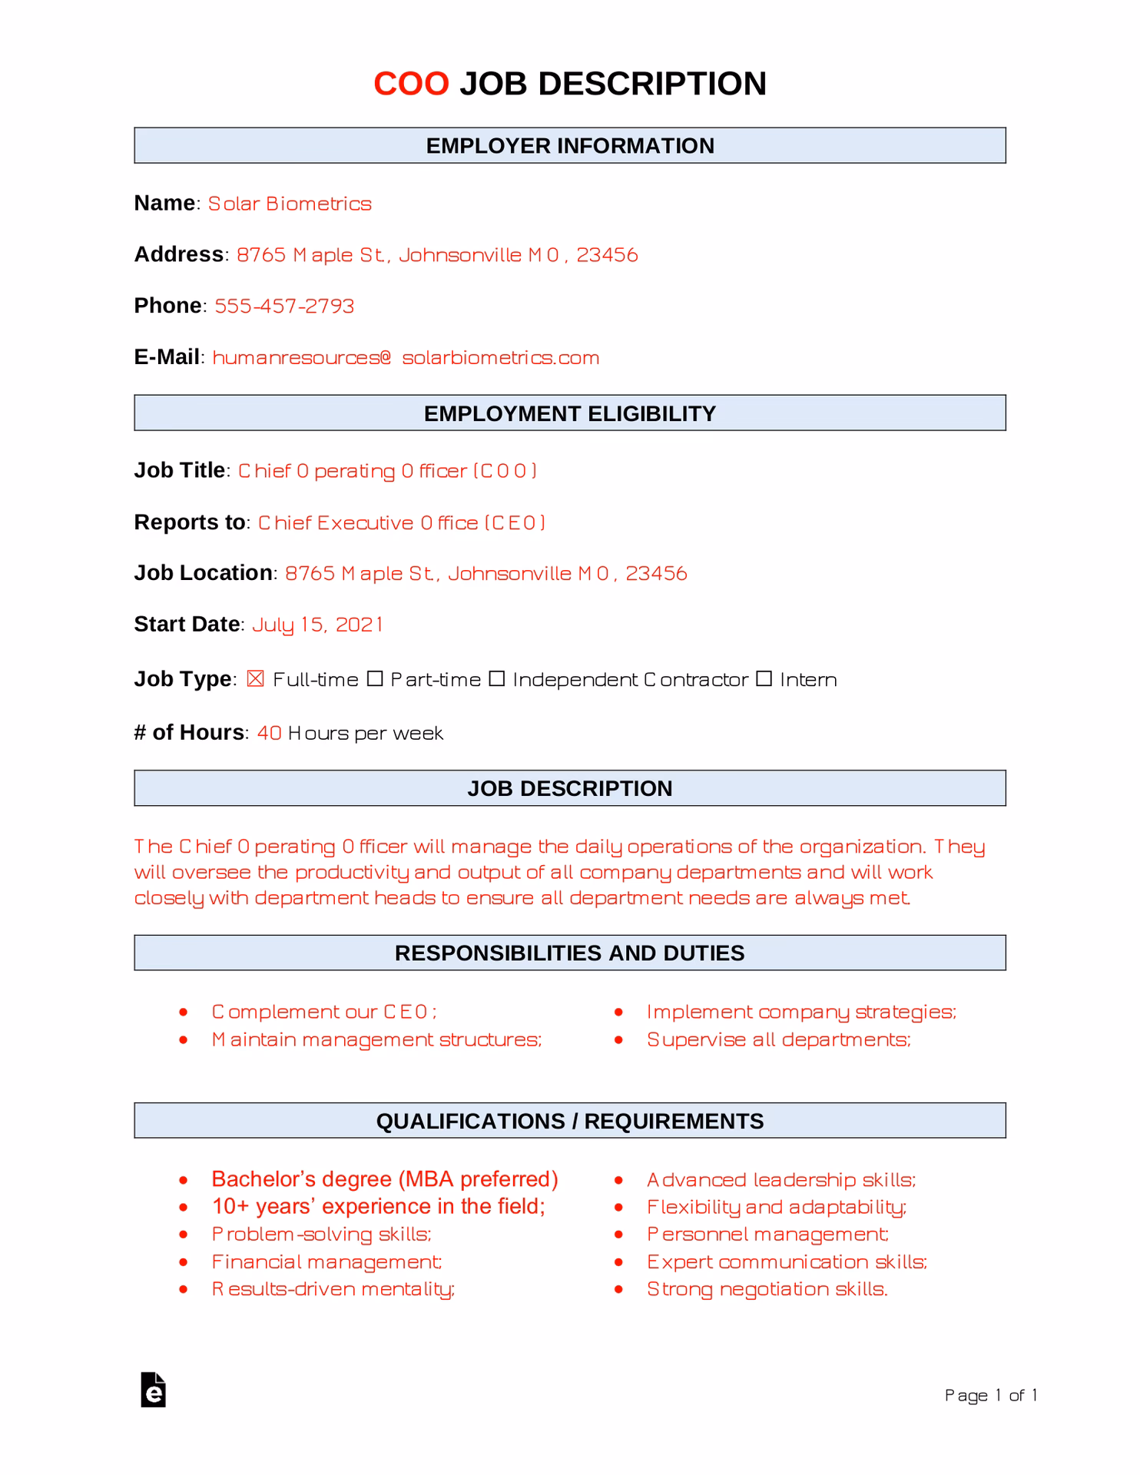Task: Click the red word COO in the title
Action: tap(411, 84)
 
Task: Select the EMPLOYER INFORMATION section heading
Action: tap(569, 146)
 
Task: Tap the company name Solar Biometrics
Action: tap(290, 204)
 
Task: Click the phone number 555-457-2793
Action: tap(284, 306)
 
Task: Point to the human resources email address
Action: tap(406, 358)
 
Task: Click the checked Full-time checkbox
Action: tap(256, 679)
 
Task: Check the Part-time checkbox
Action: tap(375, 679)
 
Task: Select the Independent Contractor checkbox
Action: tap(497, 679)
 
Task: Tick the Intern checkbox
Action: tap(764, 679)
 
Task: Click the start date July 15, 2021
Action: tap(317, 625)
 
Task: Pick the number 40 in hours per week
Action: tap(269, 733)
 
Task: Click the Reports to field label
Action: tap(189, 522)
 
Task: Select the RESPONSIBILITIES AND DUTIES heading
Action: tap(569, 953)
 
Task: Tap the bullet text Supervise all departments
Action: tap(778, 1039)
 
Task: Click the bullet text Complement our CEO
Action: tap(324, 1012)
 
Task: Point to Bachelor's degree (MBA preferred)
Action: tap(385, 1179)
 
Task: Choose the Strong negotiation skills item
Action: tap(767, 1289)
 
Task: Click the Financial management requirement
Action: tap(326, 1261)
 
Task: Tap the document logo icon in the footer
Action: tap(154, 1390)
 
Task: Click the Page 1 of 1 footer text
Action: tap(991, 1395)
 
